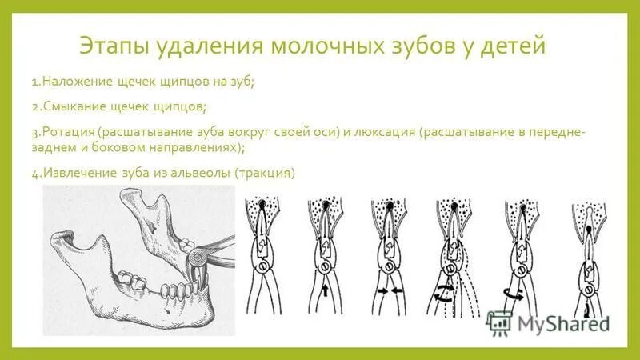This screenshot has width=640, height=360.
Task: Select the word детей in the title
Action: (x=512, y=46)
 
